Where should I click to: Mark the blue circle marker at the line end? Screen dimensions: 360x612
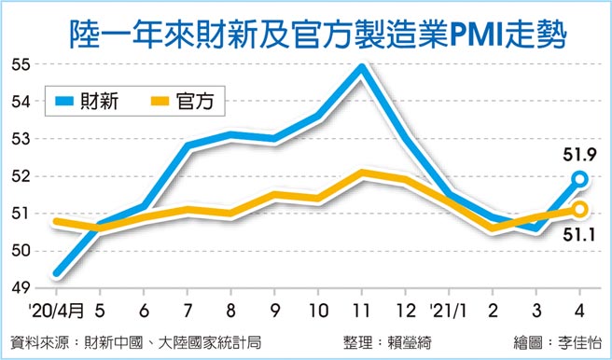coord(579,178)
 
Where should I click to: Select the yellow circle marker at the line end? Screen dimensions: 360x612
coord(579,209)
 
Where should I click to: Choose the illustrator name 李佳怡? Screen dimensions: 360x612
coord(577,339)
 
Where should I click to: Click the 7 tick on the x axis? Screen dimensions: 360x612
coord(188,309)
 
